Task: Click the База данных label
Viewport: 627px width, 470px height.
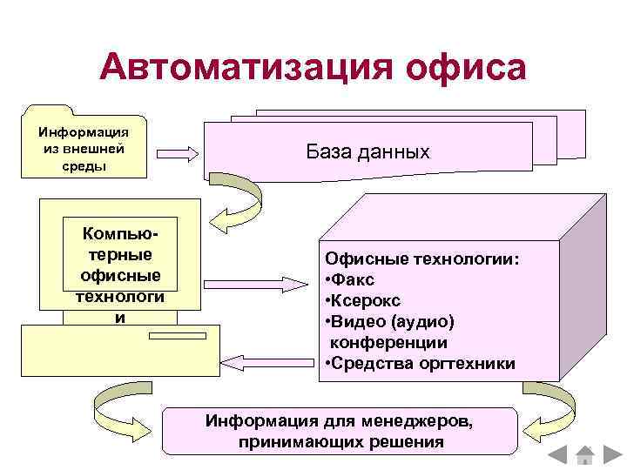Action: pyautogui.click(x=367, y=151)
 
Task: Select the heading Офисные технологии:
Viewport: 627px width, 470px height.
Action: pyautogui.click(x=421, y=259)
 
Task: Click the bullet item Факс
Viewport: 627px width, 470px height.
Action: pyautogui.click(x=349, y=280)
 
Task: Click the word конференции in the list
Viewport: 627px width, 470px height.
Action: pyautogui.click(x=388, y=343)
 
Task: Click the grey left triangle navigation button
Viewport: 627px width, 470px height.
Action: pyautogui.click(x=561, y=454)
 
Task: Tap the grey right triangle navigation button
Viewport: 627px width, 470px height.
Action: pyautogui.click(x=608, y=454)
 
